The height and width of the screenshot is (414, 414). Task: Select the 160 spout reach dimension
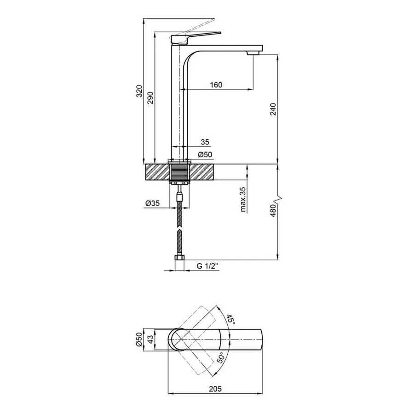click(x=216, y=85)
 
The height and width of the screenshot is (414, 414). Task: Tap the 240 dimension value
click(x=274, y=109)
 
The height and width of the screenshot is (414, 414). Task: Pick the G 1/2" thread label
click(x=207, y=266)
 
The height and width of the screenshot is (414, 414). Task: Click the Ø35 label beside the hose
click(x=152, y=203)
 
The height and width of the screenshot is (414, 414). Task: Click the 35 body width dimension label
click(x=205, y=142)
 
